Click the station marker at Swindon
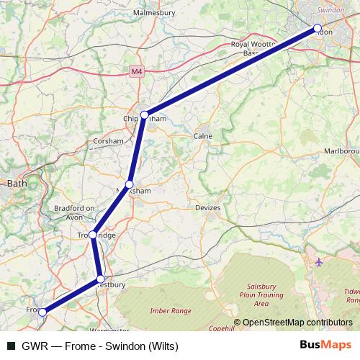point(318,29)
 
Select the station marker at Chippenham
point(145,114)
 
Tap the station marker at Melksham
point(130,184)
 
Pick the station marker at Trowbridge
point(93,235)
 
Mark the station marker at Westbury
point(101,279)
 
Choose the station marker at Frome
point(43,312)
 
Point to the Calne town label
point(202,135)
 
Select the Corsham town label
point(109,142)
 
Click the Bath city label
point(16,184)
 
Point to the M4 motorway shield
point(138,71)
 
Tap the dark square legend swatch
point(10,346)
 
